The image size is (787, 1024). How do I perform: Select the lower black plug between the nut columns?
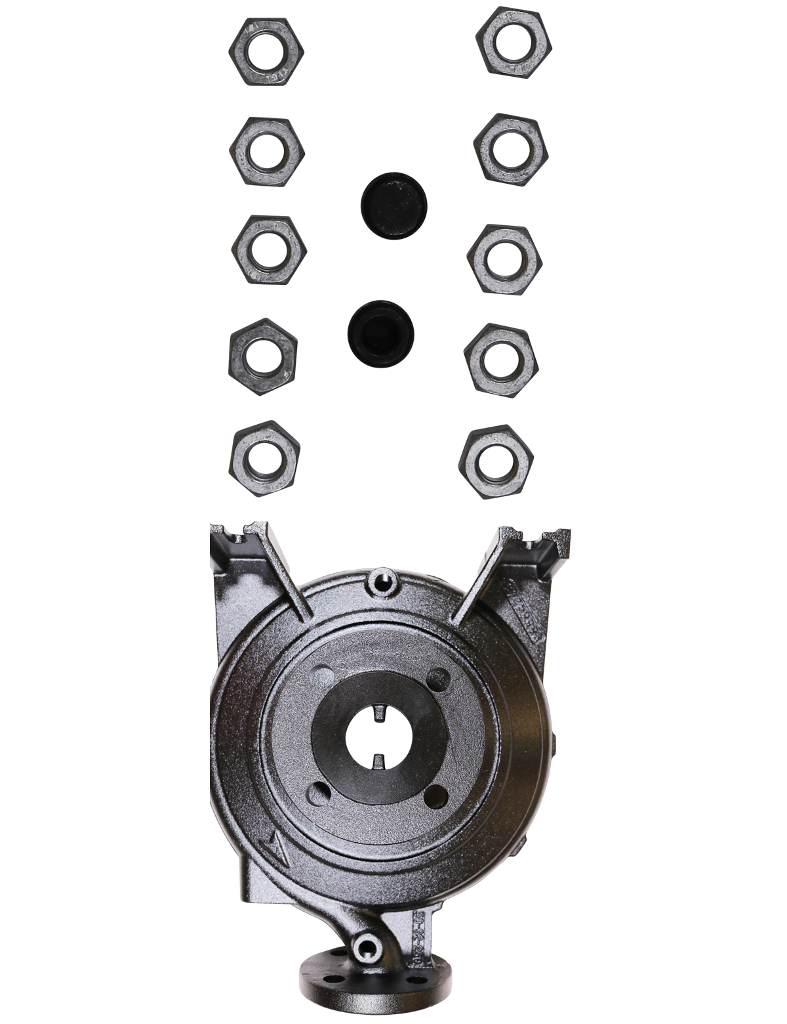pos(380,332)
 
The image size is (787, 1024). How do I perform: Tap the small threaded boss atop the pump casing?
pos(381,581)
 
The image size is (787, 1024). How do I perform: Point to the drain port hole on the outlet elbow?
pos(365,947)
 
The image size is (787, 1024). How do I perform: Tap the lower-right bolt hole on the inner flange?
pos(435,796)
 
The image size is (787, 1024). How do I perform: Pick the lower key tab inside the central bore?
pos(379,760)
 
